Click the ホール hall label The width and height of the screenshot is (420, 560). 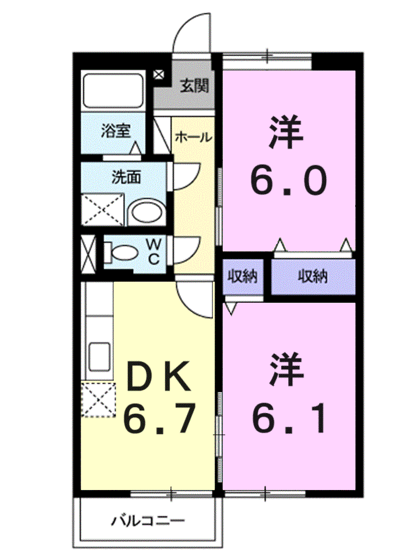tap(193, 138)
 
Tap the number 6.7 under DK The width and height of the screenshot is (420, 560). tap(158, 416)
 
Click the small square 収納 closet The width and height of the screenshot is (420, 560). tap(242, 276)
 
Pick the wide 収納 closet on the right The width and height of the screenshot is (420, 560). tap(313, 276)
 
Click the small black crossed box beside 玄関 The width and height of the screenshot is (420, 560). tap(159, 75)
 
